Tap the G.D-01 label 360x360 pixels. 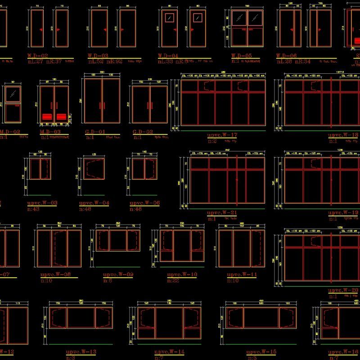pos(95,132)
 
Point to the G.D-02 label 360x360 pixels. pos(144,132)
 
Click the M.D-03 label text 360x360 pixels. pos(50,132)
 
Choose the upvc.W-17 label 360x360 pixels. pos(222,135)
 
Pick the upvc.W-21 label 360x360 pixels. pos(222,212)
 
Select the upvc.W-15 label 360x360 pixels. pos(261,351)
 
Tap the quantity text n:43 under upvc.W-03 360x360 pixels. pos(33,209)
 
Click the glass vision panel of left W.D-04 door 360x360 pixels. pos(169,18)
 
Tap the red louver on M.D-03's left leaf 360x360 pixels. pos(47,117)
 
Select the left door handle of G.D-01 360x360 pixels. pos(100,106)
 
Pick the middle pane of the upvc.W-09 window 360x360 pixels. pos(118,240)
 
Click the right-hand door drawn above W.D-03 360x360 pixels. pos(128,28)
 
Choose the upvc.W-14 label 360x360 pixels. pos(169,351)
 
